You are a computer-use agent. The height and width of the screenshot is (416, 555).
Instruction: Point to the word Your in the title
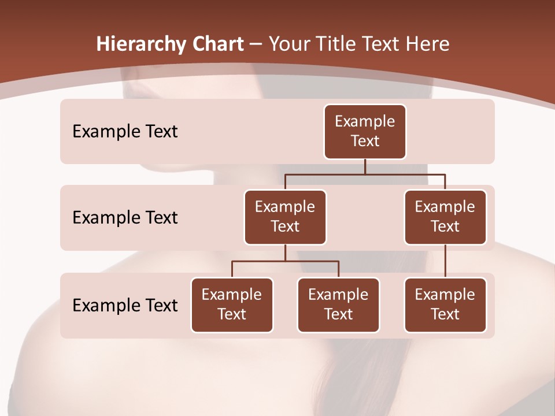click(x=288, y=44)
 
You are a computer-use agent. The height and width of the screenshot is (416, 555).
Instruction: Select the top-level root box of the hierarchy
click(x=365, y=131)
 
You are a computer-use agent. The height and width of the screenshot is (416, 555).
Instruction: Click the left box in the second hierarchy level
click(x=285, y=217)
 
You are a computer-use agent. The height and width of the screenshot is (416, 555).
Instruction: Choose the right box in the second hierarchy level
click(x=445, y=217)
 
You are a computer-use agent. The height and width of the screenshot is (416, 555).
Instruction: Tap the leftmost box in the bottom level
click(x=232, y=304)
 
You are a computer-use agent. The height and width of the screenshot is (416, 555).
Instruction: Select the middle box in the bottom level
click(x=338, y=304)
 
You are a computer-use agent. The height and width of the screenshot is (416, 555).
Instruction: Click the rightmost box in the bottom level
click(x=445, y=304)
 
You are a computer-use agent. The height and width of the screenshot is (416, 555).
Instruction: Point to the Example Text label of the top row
click(x=125, y=131)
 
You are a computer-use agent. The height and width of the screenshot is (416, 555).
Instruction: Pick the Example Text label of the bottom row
click(x=125, y=305)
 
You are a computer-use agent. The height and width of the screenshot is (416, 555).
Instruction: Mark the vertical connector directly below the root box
click(x=365, y=166)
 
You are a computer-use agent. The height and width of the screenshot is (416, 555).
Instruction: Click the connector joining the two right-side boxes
click(x=445, y=261)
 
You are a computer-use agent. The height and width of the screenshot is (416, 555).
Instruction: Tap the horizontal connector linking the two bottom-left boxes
click(x=285, y=261)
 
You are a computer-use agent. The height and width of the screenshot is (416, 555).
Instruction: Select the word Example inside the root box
click(x=365, y=121)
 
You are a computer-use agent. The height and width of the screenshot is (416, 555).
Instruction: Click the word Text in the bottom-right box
click(x=445, y=314)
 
